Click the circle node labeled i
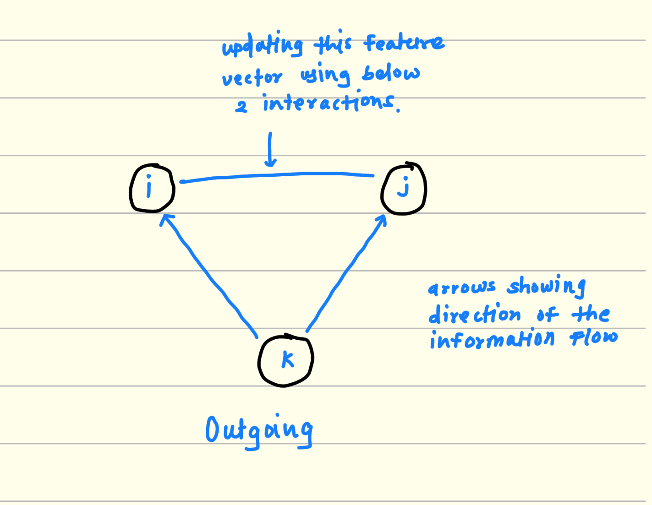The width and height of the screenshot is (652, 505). (152, 188)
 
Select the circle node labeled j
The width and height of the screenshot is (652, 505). (404, 189)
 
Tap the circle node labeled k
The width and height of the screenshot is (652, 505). (286, 360)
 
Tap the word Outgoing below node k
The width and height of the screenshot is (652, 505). (259, 431)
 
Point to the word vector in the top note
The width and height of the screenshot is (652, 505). (252, 78)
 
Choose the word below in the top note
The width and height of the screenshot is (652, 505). (390, 73)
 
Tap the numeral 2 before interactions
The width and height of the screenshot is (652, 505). (241, 107)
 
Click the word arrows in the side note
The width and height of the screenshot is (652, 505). (461, 288)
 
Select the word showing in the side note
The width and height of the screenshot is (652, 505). (546, 287)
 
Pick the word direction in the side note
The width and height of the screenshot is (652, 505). (474, 314)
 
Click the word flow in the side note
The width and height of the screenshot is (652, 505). (593, 338)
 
